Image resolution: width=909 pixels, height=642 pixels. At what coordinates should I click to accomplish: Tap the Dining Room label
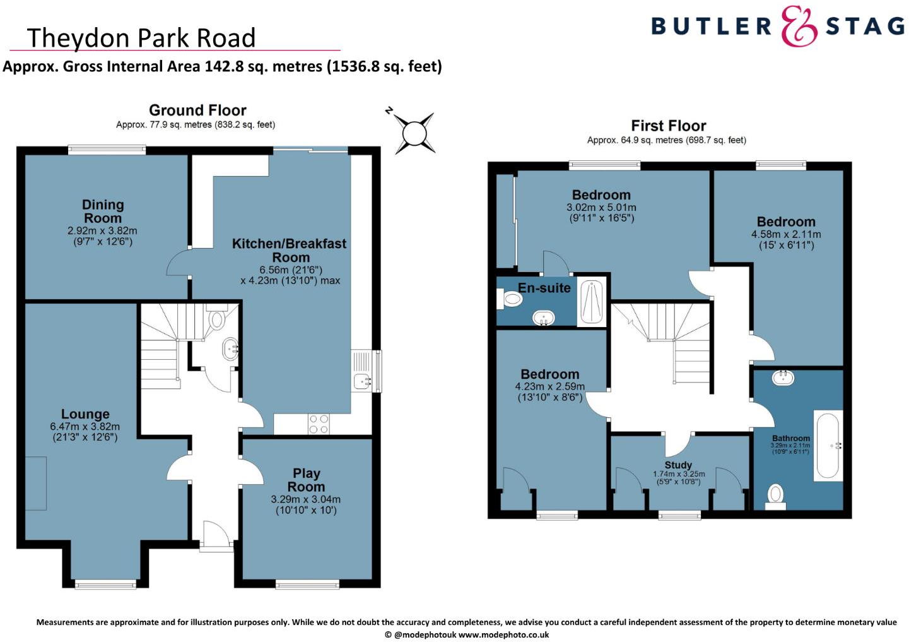[x=102, y=211]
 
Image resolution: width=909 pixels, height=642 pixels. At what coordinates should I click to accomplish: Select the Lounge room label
[x=85, y=414]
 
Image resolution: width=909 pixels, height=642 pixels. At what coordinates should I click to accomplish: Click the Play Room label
[x=306, y=480]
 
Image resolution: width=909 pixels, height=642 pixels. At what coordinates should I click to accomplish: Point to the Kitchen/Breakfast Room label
[x=290, y=250]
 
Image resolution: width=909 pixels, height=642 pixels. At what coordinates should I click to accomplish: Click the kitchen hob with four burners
[x=319, y=424]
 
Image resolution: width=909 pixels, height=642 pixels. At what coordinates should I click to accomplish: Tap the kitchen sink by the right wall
[x=362, y=381]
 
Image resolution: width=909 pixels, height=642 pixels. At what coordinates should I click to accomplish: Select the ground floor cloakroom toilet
[x=216, y=319]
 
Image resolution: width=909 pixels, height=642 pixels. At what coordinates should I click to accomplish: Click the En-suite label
[x=544, y=288]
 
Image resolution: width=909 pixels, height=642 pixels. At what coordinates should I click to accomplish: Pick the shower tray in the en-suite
[x=591, y=302]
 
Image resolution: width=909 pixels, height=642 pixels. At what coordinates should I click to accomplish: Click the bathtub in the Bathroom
[x=828, y=446]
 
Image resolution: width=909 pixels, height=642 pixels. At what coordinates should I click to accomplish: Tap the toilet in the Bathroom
[x=775, y=496]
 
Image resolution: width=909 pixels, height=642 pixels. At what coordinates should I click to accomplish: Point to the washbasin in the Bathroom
[x=783, y=377]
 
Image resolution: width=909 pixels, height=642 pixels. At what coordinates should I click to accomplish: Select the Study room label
[x=678, y=465]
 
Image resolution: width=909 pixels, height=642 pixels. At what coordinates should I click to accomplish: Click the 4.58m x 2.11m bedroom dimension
[x=786, y=234]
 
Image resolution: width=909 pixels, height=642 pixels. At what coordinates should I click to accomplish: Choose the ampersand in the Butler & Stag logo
[x=799, y=27]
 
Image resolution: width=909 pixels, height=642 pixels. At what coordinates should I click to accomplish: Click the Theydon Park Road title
[x=141, y=38]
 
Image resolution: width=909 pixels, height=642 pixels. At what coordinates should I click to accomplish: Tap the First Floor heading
[x=668, y=126]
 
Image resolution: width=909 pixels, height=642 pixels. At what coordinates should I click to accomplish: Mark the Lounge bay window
[x=105, y=585]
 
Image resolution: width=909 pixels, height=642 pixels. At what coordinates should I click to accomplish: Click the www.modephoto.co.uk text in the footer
[x=503, y=635]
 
